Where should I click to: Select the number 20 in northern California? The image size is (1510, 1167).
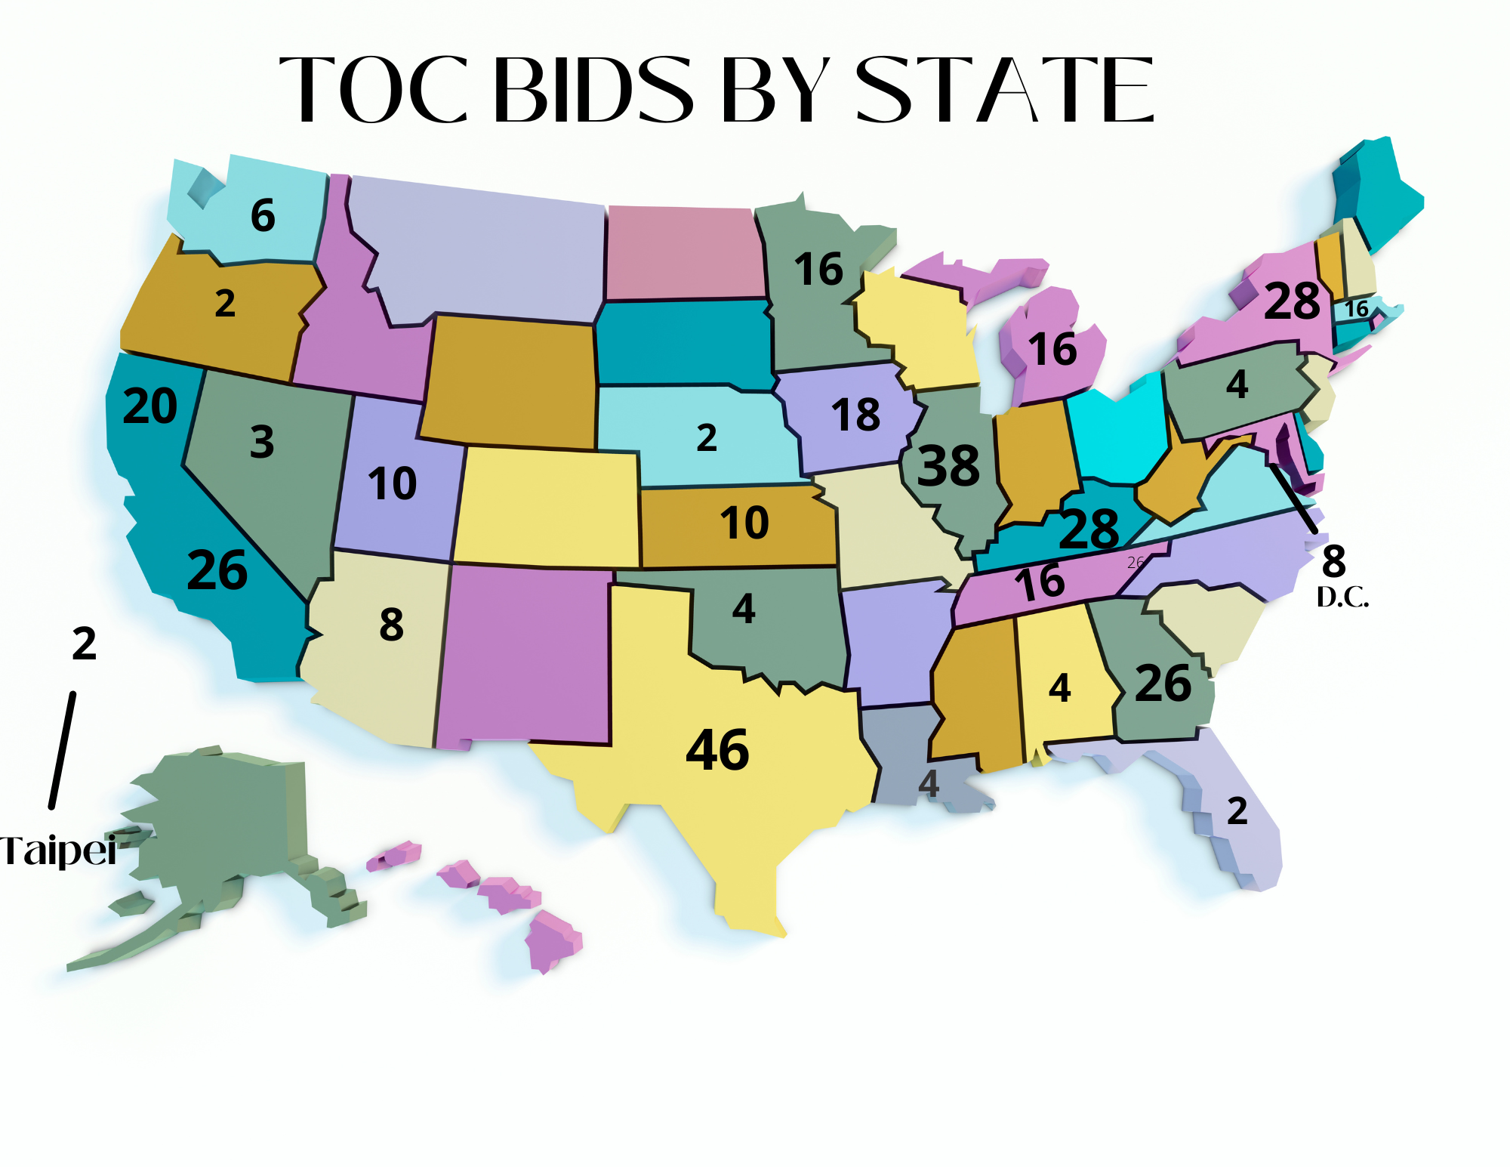click(x=150, y=406)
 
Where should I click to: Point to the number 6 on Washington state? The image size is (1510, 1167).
click(x=263, y=215)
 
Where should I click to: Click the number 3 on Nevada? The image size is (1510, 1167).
click(x=262, y=442)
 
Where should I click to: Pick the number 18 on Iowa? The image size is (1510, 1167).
click(x=855, y=415)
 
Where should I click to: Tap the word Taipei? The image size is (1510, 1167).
click(x=57, y=851)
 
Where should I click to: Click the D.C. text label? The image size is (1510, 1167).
click(x=1342, y=597)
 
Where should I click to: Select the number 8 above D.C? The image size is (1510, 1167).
click(x=1333, y=561)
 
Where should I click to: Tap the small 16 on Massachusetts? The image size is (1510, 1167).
click(x=1357, y=309)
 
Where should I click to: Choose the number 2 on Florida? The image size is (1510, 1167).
click(x=1237, y=811)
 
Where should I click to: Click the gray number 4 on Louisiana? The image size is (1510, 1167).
click(x=929, y=784)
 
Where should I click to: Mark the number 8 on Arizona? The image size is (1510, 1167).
click(x=391, y=625)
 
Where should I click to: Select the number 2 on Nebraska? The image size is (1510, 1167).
click(x=707, y=438)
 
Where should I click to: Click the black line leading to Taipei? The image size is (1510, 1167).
click(x=63, y=750)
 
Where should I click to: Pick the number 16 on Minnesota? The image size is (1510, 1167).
click(x=818, y=270)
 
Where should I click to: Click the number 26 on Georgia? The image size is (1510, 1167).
click(x=1163, y=684)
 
